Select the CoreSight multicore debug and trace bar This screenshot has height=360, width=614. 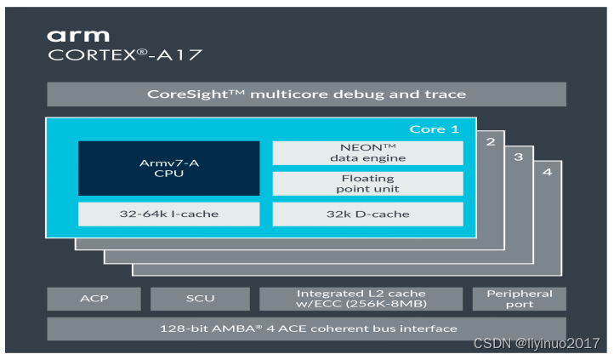[x=306, y=94]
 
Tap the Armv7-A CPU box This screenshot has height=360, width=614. [x=168, y=167]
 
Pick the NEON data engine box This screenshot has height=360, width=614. [x=367, y=152]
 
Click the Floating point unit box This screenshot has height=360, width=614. [x=367, y=184]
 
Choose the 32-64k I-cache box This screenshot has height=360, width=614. [x=168, y=214]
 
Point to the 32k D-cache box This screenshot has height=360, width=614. [x=367, y=214]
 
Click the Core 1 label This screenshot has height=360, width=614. [x=435, y=129]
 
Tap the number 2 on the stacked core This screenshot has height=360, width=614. [x=490, y=141]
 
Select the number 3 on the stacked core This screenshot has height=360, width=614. [x=518, y=157]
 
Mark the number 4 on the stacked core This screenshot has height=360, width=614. [x=547, y=172]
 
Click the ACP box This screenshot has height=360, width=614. [x=94, y=299]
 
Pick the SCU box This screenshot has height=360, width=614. [x=200, y=299]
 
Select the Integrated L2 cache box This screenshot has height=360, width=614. [x=361, y=299]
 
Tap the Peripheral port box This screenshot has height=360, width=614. [x=519, y=299]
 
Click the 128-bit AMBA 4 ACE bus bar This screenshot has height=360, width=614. [x=306, y=329]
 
